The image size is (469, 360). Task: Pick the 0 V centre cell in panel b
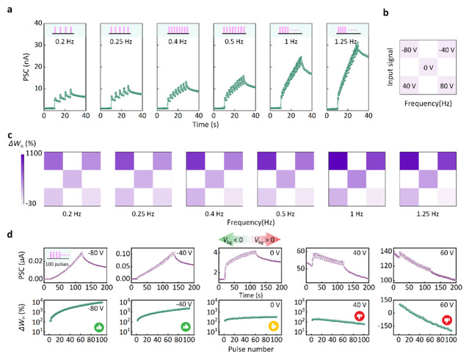(x=426, y=68)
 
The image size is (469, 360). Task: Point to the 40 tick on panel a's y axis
(x=32, y=23)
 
